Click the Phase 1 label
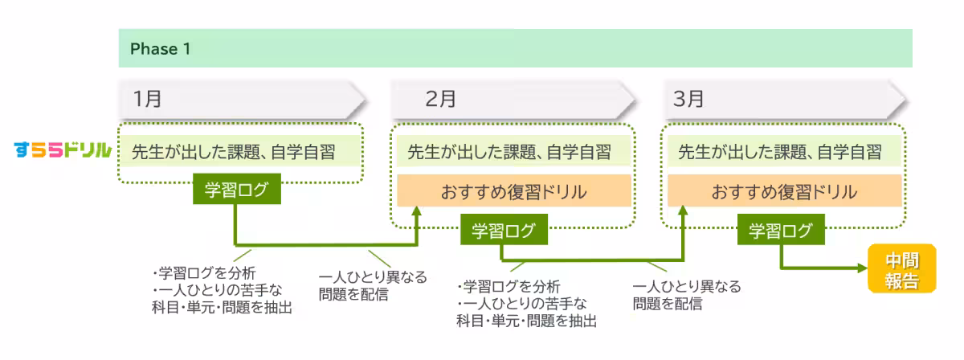pyautogui.click(x=161, y=48)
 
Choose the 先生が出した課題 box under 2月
pyautogui.click(x=513, y=150)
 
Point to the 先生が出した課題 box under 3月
pyautogui.click(x=784, y=150)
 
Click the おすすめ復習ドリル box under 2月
pyautogui.click(x=513, y=193)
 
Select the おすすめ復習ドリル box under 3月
pyautogui.click(x=784, y=193)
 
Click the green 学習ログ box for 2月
pyautogui.click(x=503, y=231)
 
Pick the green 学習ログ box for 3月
pyautogui.click(x=781, y=231)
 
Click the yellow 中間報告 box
pyautogui.click(x=901, y=270)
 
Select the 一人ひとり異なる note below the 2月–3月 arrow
pyautogui.click(x=686, y=295)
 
